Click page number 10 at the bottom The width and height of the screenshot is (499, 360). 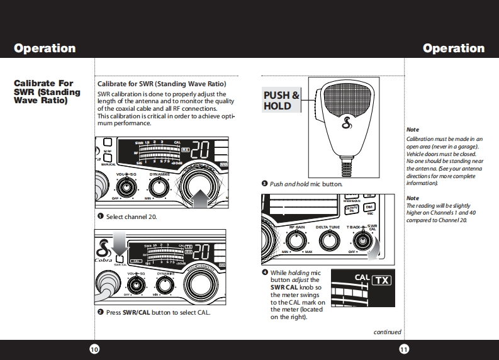[x=94, y=349]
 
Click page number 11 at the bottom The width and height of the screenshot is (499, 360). [x=404, y=349]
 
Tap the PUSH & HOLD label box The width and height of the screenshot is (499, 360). [x=281, y=101]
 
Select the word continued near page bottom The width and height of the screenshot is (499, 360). [x=387, y=332]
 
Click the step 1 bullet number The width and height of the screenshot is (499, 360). [x=100, y=217]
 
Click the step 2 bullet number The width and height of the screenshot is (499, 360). [x=100, y=312]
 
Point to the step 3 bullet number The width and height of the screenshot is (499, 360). [x=264, y=184]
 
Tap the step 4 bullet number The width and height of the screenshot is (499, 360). [x=264, y=273]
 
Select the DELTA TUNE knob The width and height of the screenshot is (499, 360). [x=327, y=239]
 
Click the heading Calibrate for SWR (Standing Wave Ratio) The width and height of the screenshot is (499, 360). [x=162, y=84]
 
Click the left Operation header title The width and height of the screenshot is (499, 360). [x=45, y=48]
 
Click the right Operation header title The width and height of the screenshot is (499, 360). [x=454, y=48]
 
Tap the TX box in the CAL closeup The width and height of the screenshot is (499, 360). [x=381, y=280]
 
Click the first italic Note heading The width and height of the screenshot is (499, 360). [x=413, y=130]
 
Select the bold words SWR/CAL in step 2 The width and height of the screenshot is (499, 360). [x=137, y=312]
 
